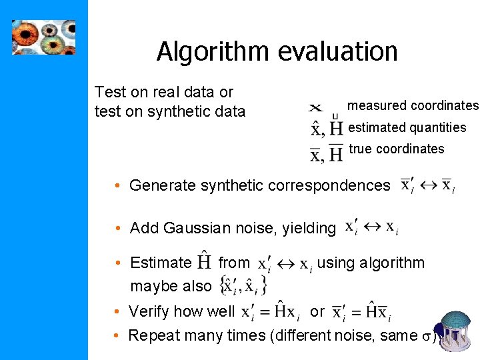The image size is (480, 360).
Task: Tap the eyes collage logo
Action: pos(44,37)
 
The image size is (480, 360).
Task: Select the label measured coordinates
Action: pos(413,105)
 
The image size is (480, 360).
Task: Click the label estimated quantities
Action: pos(407,127)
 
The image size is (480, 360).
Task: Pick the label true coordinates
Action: pos(396,149)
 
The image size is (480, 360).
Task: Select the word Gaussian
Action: pos(197,228)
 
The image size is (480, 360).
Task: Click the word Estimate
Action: pos(161,263)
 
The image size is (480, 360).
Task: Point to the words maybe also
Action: pos(171,286)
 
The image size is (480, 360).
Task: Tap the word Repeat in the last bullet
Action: pos(152,335)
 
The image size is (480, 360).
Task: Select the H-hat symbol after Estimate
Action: pos(205,262)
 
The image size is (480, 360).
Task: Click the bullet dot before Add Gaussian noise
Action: pos(117,229)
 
